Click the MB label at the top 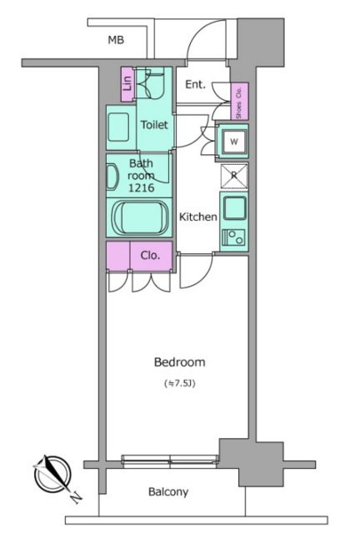tap(116, 40)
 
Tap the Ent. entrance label tap(195, 84)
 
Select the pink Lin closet tap(127, 84)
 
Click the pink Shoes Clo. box tap(239, 101)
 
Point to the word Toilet tap(154, 125)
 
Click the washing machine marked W tap(234, 142)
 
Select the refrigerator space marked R tap(234, 176)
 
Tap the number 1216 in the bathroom tap(141, 187)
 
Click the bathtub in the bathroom tap(140, 217)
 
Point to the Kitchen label tap(198, 217)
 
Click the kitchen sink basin tap(235, 207)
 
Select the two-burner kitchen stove tap(234, 237)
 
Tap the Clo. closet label tap(150, 256)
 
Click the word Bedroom tap(180, 362)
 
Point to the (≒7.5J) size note tap(180, 383)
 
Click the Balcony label tap(168, 492)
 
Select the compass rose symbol tap(53, 474)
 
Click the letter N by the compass tap(77, 497)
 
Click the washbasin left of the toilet tap(118, 127)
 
